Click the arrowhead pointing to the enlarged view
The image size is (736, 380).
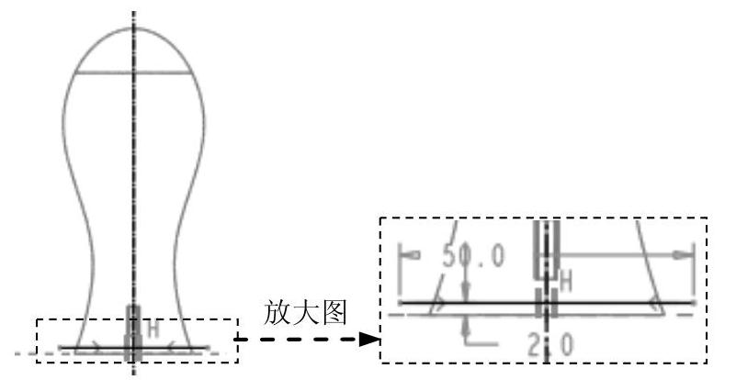click(369, 340)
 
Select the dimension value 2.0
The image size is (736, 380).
click(550, 345)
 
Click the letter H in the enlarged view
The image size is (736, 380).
click(566, 281)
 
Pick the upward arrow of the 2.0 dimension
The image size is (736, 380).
click(468, 322)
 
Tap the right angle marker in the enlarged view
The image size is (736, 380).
click(654, 302)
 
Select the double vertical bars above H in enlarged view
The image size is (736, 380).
click(547, 248)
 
